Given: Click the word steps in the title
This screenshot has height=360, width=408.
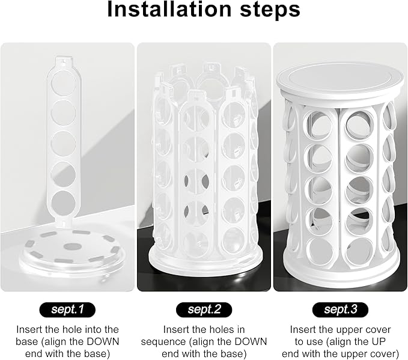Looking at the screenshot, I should tap(270, 11).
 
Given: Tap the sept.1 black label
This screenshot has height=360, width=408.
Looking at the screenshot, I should tap(67, 310).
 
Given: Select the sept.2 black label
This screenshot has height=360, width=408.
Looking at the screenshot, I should tap(204, 310).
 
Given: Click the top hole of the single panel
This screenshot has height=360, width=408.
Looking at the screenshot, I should tap(64, 84).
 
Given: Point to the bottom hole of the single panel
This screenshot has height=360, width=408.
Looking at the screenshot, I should tap(63, 201).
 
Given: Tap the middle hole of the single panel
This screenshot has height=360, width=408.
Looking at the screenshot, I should tap(63, 143).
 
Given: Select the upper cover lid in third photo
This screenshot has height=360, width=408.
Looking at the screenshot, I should tap(340, 79).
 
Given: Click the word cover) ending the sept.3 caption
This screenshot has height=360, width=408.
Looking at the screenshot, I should tap(385, 353).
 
